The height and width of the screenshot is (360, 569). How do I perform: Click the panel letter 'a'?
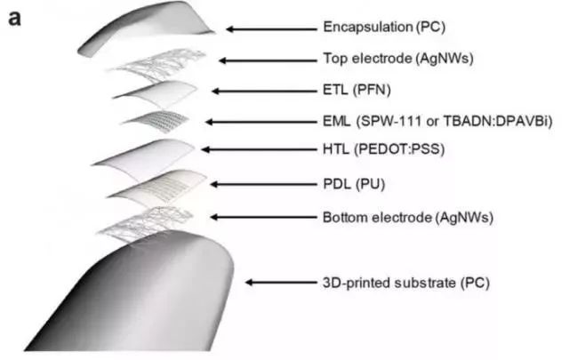[14, 18]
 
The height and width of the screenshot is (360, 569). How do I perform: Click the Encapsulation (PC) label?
[384, 28]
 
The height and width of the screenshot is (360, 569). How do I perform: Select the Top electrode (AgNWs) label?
[398, 59]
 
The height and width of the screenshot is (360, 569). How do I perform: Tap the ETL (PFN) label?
[357, 90]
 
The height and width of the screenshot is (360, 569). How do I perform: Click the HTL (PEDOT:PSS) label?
[383, 149]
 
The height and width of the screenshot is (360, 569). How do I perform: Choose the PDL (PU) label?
[354, 184]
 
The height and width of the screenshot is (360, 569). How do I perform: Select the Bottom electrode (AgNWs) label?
[408, 218]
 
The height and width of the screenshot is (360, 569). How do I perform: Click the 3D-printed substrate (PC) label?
[406, 283]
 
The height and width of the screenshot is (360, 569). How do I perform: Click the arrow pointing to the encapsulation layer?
[271, 29]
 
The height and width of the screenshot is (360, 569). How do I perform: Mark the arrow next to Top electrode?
[268, 60]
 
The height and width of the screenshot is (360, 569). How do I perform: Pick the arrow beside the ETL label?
[264, 91]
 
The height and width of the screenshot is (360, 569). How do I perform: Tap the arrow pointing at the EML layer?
[260, 122]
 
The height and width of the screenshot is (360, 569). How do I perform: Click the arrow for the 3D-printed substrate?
[281, 282]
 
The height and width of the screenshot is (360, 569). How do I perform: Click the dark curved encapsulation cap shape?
[145, 28]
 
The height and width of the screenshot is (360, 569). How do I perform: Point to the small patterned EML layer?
[156, 121]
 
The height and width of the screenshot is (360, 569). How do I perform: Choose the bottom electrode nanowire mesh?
[145, 223]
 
